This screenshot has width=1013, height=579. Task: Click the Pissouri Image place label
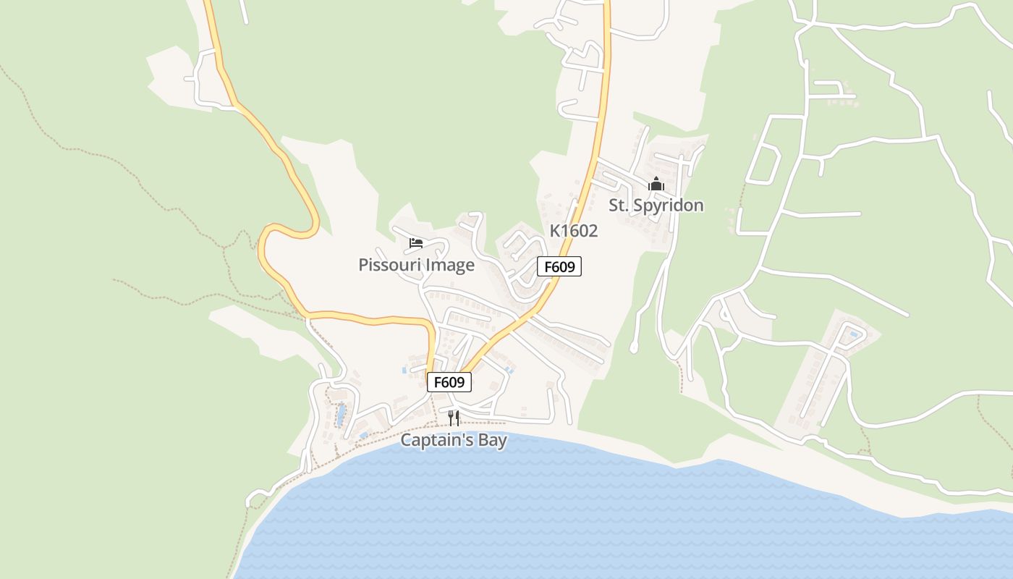tap(416, 265)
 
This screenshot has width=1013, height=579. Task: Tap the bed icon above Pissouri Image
tap(416, 243)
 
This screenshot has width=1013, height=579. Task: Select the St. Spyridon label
tap(656, 206)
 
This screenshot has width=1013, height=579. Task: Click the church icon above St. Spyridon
tap(656, 184)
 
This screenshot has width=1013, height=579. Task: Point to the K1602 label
tap(574, 231)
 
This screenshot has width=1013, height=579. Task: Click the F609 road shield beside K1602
tap(559, 266)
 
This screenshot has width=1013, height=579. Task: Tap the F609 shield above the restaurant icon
tap(449, 381)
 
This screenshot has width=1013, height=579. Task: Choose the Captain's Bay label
tap(454, 440)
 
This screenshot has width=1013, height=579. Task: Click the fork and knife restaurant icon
tap(454, 418)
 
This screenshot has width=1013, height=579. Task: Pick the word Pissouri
tap(390, 265)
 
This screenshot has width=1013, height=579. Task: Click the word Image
tap(450, 265)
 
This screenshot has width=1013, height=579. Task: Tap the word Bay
tap(491, 440)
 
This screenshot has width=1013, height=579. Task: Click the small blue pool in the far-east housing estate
tap(855, 334)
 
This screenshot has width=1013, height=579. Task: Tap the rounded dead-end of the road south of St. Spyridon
tap(634, 349)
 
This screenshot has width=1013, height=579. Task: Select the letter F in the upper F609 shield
tap(548, 266)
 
